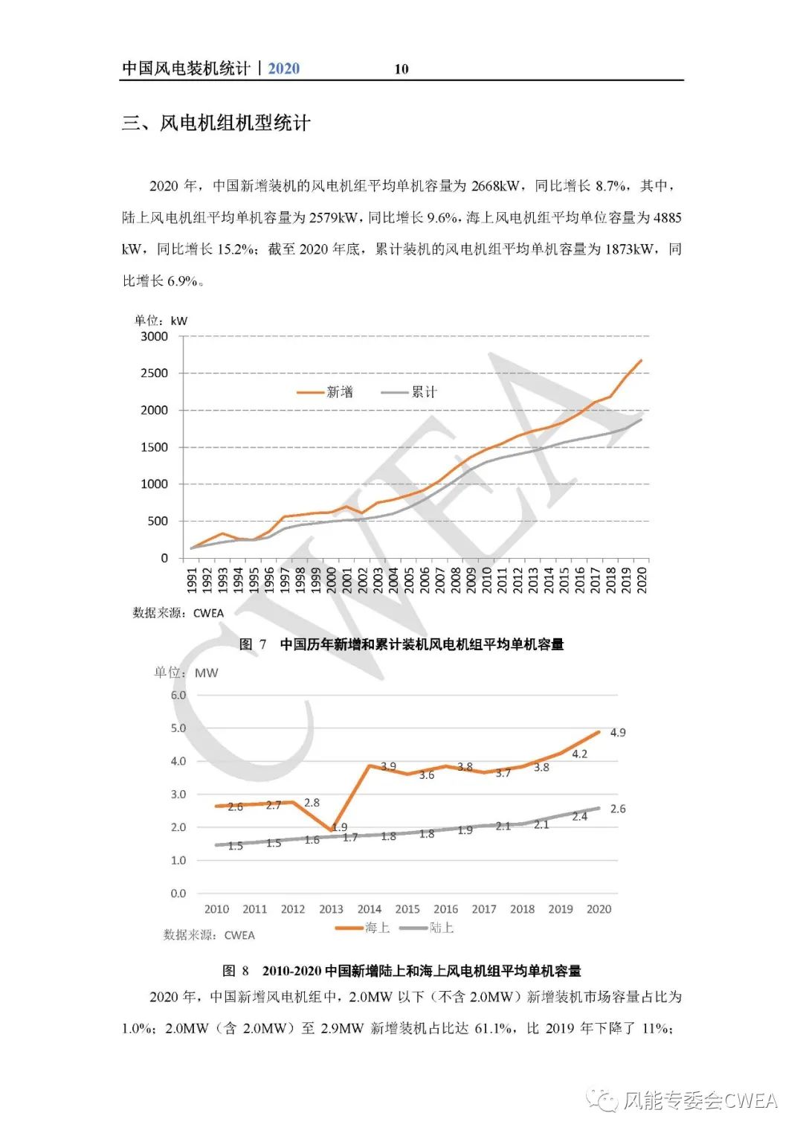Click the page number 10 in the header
click(401, 69)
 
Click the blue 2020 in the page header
click(283, 68)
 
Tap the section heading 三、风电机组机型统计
click(216, 123)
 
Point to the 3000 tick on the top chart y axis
click(155, 336)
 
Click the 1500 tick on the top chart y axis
click(155, 447)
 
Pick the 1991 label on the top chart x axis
click(192, 580)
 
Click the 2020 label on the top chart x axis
click(642, 580)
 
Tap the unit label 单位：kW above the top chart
click(161, 321)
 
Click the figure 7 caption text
click(401, 644)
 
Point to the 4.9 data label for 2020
click(617, 733)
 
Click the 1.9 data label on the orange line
click(339, 827)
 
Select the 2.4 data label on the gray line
click(579, 817)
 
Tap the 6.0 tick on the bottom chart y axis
click(178, 696)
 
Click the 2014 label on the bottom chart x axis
click(369, 909)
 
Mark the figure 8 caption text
click(401, 971)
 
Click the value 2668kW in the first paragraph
click(496, 186)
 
